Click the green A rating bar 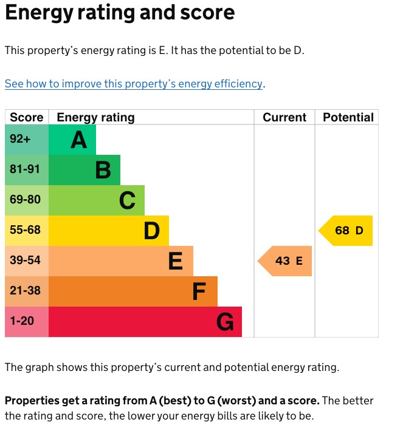tap(72, 140)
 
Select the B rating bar tap(84, 170)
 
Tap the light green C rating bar tap(96, 200)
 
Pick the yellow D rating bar tap(108, 231)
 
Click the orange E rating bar tap(120, 261)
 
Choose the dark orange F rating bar tap(133, 291)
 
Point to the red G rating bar tap(145, 322)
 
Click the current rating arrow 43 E tap(286, 261)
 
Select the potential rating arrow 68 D tap(346, 231)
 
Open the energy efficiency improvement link tap(134, 84)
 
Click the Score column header tap(27, 118)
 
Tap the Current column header tap(284, 118)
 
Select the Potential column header tap(348, 118)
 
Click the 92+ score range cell tap(20, 140)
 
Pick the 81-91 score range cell tap(25, 170)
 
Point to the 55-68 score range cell tap(25, 231)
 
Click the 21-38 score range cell tap(25, 291)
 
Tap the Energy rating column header tap(95, 118)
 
